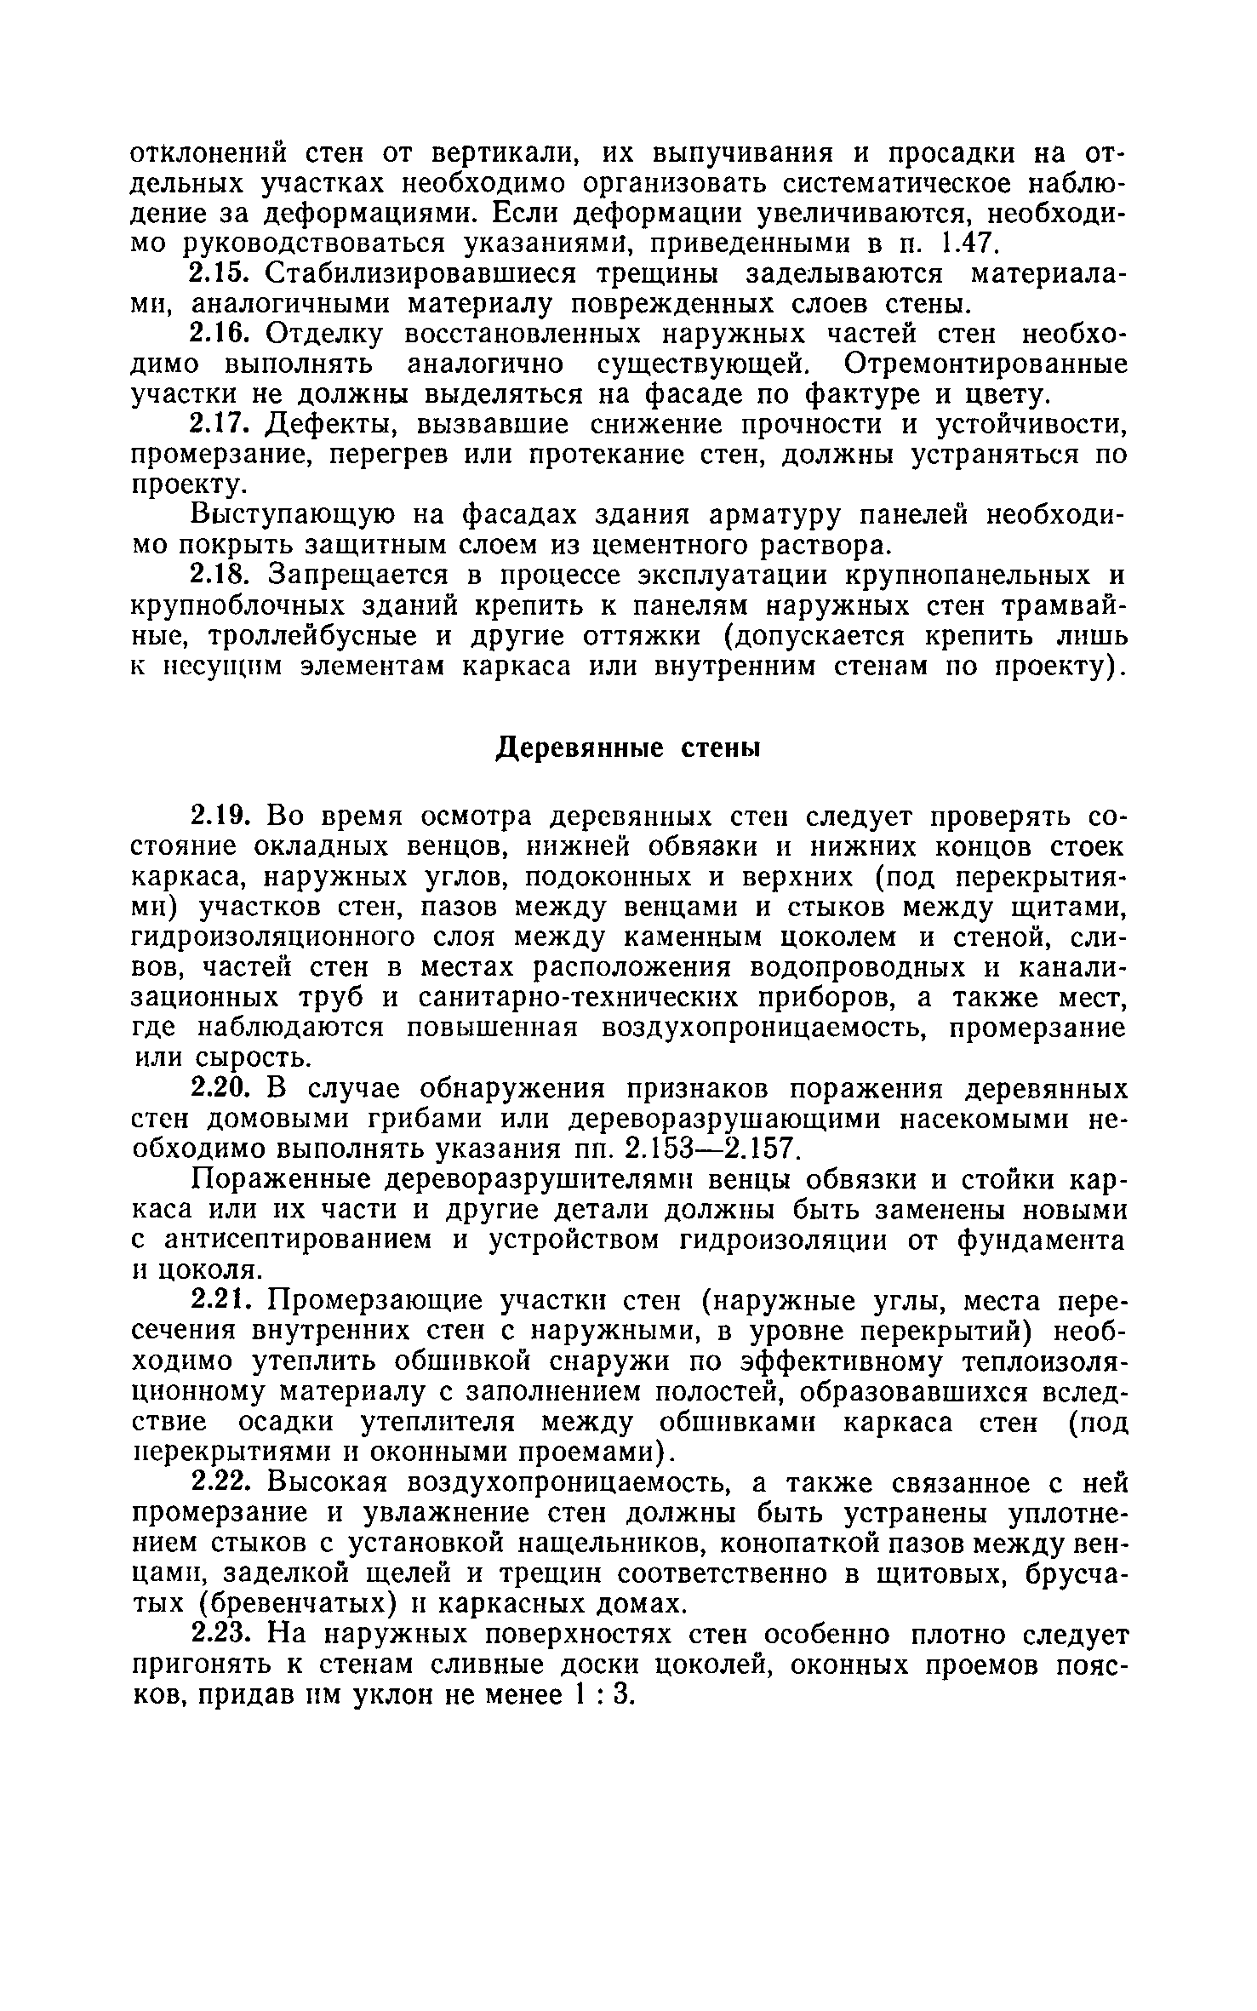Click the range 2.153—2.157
[711, 1150]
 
